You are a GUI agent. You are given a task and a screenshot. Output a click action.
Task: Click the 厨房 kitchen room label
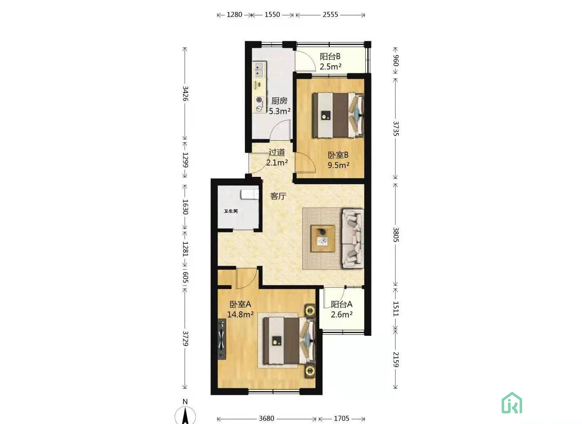tap(279, 101)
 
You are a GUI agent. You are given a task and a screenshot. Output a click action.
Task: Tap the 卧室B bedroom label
tap(338, 155)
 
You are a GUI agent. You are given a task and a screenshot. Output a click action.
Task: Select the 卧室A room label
tap(240, 304)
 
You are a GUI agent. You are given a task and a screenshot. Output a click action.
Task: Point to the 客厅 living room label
tap(278, 196)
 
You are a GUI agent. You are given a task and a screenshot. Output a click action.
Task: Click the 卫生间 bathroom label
tap(231, 211)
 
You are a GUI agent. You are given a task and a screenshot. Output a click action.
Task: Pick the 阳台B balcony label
tap(330, 57)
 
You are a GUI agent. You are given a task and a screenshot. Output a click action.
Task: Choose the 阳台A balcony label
tap(342, 304)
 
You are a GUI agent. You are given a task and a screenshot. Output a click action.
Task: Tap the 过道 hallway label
tap(277, 152)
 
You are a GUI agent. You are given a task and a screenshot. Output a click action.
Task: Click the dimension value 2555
tap(330, 15)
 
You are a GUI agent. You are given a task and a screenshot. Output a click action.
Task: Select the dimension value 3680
tap(267, 418)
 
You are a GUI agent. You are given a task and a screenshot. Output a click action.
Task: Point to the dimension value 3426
tap(185, 93)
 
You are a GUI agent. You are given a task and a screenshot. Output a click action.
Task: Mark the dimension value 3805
tap(395, 235)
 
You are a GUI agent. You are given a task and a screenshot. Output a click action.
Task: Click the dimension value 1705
tap(342, 418)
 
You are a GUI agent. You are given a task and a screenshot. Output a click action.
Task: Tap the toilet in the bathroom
tap(250, 194)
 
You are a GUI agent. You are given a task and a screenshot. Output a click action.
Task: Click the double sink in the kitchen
tap(259, 69)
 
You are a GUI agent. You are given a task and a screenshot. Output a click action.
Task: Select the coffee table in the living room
tap(323, 239)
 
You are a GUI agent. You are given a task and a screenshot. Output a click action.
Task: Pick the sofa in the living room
tap(353, 239)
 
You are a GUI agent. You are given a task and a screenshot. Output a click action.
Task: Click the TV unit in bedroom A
tap(221, 339)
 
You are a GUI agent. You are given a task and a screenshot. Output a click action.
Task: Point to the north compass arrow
tap(185, 416)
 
